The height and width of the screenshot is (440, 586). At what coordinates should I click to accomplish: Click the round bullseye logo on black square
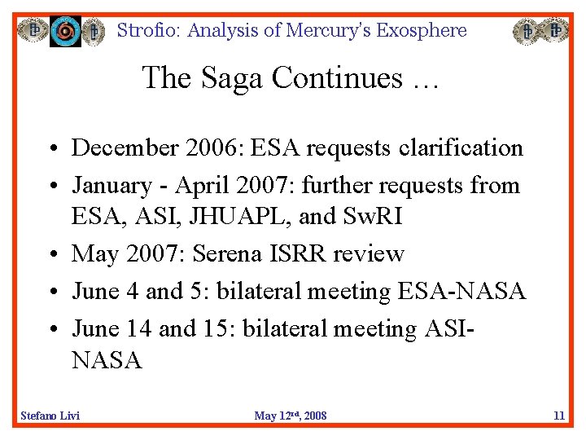pos(65,31)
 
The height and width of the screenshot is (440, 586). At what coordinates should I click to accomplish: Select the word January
pos(112,185)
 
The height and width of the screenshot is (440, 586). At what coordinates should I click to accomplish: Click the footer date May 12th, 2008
pos(291,416)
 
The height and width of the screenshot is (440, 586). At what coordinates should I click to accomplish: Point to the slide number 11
pos(558,416)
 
